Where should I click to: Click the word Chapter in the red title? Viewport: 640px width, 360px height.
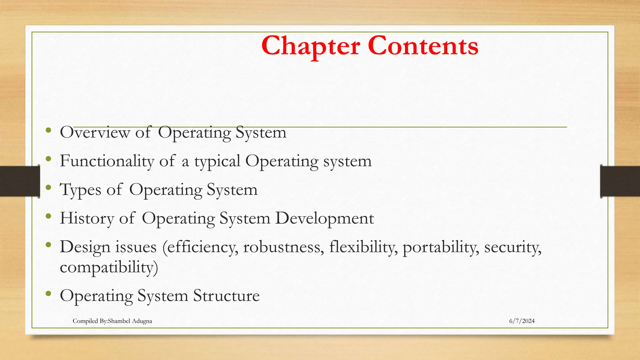click(x=311, y=46)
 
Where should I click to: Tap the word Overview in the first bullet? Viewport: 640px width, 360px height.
click(x=95, y=132)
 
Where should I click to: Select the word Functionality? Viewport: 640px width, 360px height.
click(x=107, y=161)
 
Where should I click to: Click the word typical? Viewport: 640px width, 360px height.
click(x=217, y=162)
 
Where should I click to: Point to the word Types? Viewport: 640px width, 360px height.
click(x=80, y=190)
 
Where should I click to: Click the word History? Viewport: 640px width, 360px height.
click(x=87, y=218)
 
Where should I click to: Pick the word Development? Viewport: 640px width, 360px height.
click(x=324, y=218)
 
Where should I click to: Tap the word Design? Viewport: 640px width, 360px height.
click(x=85, y=247)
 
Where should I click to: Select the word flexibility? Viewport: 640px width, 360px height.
click(x=363, y=247)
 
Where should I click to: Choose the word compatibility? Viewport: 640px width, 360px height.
click(x=109, y=267)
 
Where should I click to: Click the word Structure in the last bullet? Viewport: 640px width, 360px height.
click(x=226, y=296)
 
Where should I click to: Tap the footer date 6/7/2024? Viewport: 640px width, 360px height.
click(x=522, y=321)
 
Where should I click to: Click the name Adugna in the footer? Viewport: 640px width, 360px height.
click(x=142, y=321)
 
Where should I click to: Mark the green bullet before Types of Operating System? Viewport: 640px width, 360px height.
click(x=48, y=187)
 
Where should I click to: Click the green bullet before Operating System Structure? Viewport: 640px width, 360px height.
click(x=48, y=293)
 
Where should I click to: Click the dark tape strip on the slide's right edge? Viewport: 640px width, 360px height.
click(x=620, y=182)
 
